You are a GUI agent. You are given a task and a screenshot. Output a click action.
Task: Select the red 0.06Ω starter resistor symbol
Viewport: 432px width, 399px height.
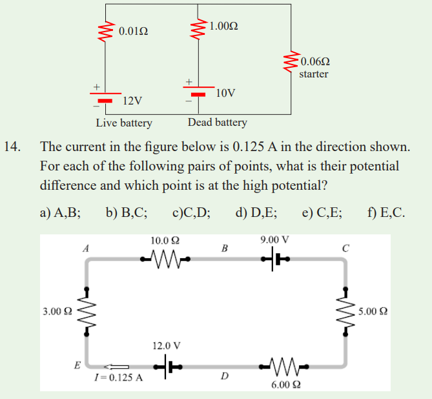pyautogui.click(x=291, y=61)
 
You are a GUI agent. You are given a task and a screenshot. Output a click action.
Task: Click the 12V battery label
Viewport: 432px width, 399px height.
pyautogui.click(x=132, y=101)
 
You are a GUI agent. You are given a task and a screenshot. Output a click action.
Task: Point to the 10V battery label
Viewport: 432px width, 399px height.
pyautogui.click(x=225, y=93)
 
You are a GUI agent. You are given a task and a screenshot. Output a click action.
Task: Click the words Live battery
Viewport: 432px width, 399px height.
pyautogui.click(x=124, y=123)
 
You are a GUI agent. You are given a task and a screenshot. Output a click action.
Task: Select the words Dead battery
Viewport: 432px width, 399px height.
pyautogui.click(x=218, y=122)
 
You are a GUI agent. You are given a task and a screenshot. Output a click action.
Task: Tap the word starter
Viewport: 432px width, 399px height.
pyautogui.click(x=314, y=74)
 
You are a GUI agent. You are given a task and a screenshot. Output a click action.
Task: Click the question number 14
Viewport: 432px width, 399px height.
pyautogui.click(x=12, y=147)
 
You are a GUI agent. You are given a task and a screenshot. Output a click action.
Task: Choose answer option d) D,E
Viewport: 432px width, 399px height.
pyautogui.click(x=256, y=212)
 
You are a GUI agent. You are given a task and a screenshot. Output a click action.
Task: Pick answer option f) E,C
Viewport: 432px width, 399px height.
pyautogui.click(x=386, y=212)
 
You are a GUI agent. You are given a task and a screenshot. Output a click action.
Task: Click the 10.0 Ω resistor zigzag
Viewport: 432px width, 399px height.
pyautogui.click(x=165, y=259)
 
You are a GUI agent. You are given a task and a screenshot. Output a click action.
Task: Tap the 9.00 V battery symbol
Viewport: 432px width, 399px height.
pyautogui.click(x=276, y=259)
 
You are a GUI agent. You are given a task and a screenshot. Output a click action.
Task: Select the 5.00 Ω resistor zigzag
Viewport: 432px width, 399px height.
pyautogui.click(x=345, y=311)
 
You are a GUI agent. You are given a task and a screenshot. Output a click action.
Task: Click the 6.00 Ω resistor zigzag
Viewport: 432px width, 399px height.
pyautogui.click(x=283, y=367)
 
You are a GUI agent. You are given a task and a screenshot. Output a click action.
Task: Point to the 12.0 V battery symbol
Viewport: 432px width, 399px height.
pyautogui.click(x=168, y=367)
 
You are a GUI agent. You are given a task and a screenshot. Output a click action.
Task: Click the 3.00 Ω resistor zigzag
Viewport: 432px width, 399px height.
pyautogui.click(x=87, y=311)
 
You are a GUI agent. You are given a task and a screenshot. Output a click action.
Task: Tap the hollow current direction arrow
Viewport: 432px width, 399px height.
pyautogui.click(x=116, y=367)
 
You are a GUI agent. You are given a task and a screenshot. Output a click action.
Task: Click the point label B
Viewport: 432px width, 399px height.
pyautogui.click(x=225, y=249)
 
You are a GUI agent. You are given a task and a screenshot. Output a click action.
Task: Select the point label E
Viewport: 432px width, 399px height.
pyautogui.click(x=77, y=365)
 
